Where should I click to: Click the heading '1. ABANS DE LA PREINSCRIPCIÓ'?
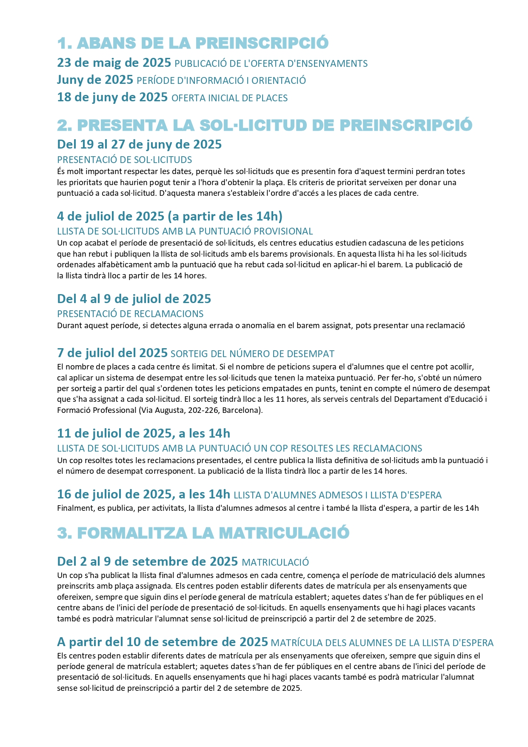pos(193,43)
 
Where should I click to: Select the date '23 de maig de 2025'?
pos(114,63)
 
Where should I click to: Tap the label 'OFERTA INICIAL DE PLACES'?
pos(229,98)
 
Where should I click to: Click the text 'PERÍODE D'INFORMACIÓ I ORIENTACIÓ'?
pos(221,80)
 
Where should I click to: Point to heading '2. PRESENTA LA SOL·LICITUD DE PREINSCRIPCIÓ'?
pos(265,125)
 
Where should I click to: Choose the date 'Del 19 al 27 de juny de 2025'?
pos(139,144)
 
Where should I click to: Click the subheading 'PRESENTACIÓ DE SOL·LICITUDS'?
pos(124,160)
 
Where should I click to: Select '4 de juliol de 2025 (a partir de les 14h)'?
pos(170,216)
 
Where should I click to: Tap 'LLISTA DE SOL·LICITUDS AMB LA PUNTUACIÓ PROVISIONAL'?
pos(185,231)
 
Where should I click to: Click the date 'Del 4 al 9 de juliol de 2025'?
pos(134,299)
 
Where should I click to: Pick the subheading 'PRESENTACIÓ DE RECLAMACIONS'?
pos(130,314)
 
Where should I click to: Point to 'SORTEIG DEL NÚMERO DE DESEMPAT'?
pos(252,354)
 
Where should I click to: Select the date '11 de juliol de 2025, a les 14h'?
pos(143,433)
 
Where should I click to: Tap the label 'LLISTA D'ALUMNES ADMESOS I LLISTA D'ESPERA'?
pos(337,495)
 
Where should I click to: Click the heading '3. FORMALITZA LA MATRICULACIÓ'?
pos(203,533)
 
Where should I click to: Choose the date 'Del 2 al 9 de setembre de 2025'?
pos(147,561)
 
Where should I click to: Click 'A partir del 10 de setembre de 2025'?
pos(163,642)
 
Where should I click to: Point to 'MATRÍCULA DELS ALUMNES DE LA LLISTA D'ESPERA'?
pos(382,643)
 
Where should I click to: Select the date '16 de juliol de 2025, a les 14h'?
pos(143,494)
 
